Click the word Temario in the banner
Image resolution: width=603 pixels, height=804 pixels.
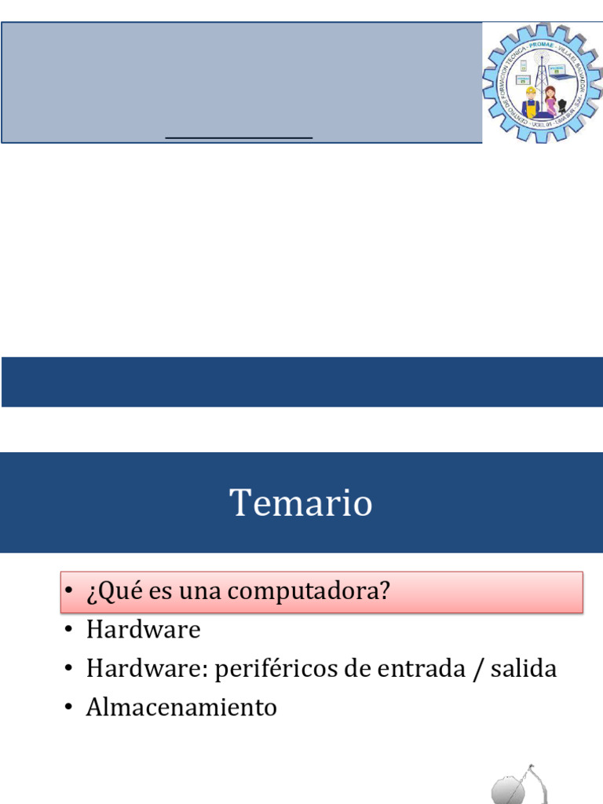[x=301, y=502]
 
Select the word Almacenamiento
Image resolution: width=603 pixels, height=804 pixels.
[x=181, y=707]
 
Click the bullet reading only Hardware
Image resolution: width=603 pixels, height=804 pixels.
[x=144, y=630]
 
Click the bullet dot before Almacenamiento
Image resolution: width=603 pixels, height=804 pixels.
[x=69, y=708]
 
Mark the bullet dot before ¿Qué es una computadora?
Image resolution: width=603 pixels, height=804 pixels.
[x=69, y=592]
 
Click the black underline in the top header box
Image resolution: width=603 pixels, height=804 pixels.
[x=239, y=137]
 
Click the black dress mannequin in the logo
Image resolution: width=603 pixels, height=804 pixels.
[x=562, y=105]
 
